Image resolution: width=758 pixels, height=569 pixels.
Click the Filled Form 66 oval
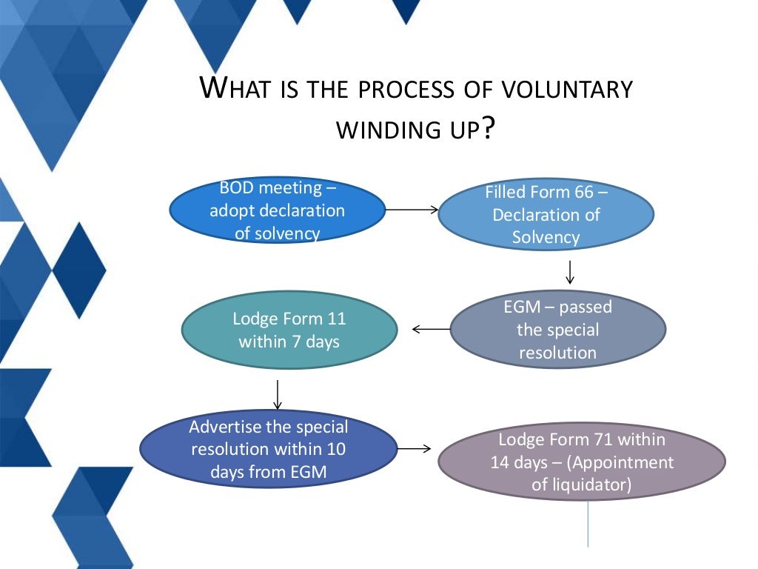(546, 215)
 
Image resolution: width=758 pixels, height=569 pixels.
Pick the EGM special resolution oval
(557, 330)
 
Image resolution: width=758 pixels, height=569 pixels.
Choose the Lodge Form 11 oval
(289, 330)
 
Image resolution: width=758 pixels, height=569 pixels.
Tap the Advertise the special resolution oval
(268, 449)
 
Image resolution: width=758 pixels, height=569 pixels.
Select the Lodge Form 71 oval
(582, 462)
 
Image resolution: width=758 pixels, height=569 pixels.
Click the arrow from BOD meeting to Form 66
(412, 210)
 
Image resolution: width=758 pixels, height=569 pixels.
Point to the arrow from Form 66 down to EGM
(570, 272)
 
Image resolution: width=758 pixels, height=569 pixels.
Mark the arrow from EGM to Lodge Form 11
(431, 328)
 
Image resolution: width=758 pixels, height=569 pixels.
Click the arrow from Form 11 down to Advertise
(278, 395)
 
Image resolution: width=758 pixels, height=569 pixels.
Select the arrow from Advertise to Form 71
(415, 448)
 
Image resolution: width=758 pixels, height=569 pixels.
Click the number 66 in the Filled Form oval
(583, 193)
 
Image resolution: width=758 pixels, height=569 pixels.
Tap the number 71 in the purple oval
(602, 439)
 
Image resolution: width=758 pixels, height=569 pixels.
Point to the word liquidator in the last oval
(591, 485)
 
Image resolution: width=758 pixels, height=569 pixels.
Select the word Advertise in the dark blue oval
(225, 427)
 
